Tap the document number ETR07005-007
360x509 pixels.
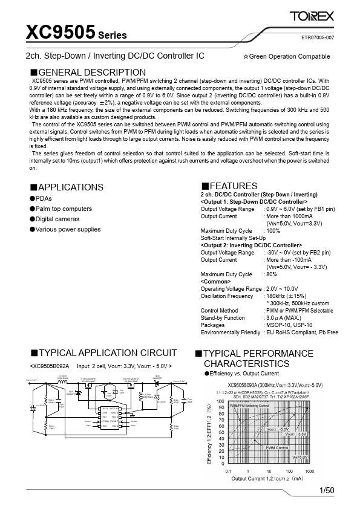click(x=317, y=37)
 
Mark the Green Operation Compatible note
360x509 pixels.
click(x=286, y=56)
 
